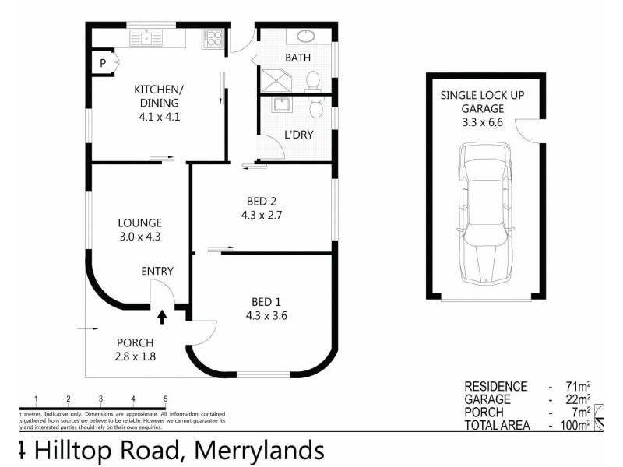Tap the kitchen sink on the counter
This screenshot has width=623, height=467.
pyautogui.click(x=146, y=37)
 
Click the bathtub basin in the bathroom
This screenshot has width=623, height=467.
pyautogui.click(x=304, y=36)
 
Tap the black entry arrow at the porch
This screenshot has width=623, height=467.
pyautogui.click(x=162, y=315)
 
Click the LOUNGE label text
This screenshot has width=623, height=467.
pyautogui.click(x=140, y=223)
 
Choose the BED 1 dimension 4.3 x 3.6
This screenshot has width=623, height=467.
pyautogui.click(x=262, y=316)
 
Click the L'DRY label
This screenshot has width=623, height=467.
pyautogui.click(x=298, y=135)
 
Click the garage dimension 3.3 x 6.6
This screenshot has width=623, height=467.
pyautogui.click(x=472, y=123)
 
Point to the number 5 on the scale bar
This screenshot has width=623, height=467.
pyautogui.click(x=165, y=399)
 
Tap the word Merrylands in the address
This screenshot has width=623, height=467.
pyautogui.click(x=259, y=450)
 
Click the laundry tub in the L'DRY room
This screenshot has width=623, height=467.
pyautogui.click(x=278, y=105)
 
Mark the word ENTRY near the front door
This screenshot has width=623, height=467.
pyautogui.click(x=157, y=271)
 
